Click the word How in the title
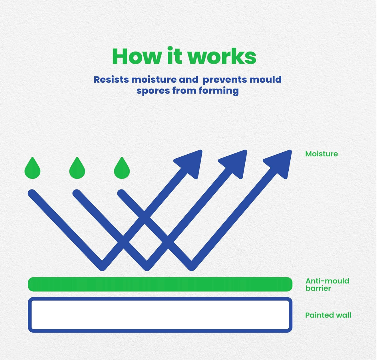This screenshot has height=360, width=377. coord(137,56)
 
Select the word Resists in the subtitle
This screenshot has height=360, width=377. coord(111,80)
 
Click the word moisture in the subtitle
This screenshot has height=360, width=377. coord(154,80)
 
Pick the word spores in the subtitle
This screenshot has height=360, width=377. coord(153,91)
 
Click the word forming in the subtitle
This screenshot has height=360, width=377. coord(219,91)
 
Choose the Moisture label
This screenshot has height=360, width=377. coord(322,154)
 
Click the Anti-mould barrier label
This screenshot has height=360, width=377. coord(327,284)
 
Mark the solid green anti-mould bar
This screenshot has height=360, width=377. coord(160,284)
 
